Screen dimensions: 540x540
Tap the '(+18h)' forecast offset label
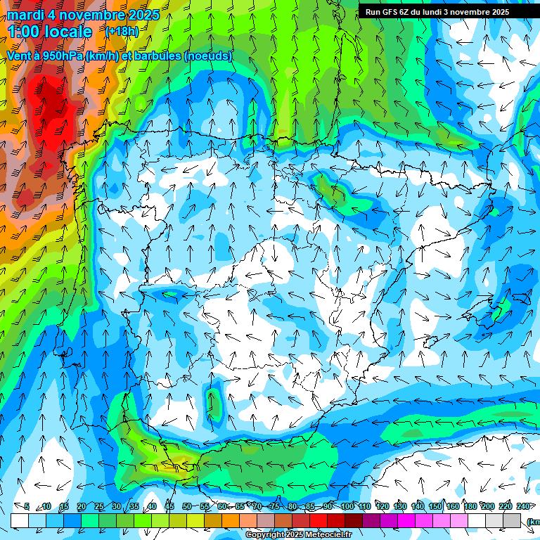[122, 31]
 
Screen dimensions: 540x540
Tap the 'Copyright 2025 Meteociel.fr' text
[298, 535]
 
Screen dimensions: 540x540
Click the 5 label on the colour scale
[26, 506]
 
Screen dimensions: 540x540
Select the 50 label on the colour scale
[186, 506]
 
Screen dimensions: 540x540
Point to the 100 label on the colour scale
[347, 506]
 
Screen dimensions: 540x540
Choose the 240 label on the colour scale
[523, 506]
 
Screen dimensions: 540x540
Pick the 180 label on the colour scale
[470, 506]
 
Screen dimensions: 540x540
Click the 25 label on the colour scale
[98, 506]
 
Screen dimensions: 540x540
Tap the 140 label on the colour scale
[417, 506]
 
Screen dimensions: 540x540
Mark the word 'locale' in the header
[70, 32]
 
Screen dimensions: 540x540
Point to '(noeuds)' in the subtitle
[208, 56]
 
